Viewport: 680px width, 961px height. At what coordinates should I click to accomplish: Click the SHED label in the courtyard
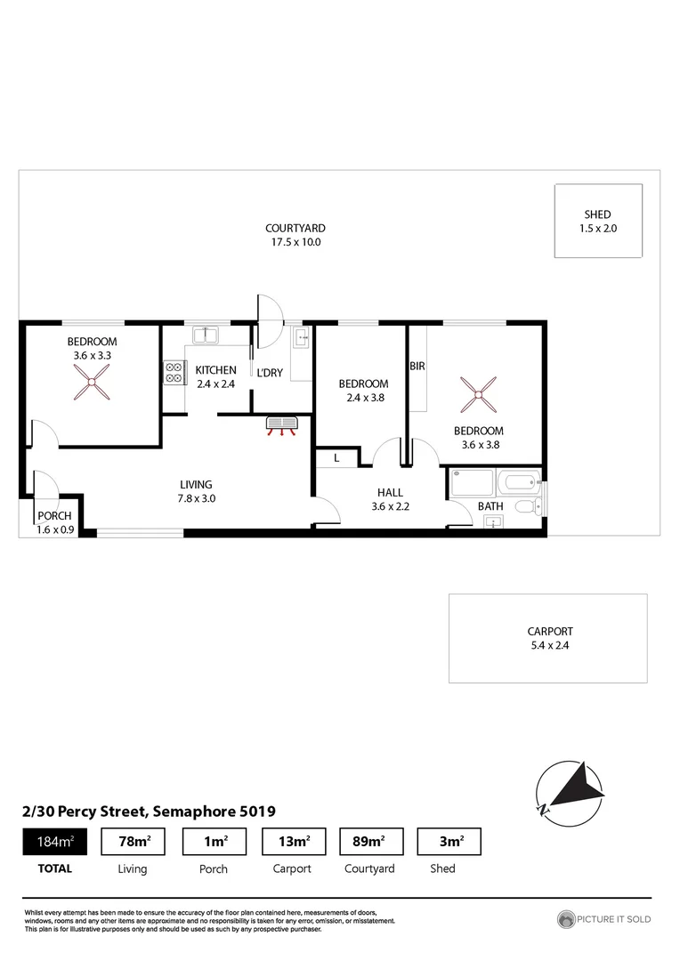[597, 214]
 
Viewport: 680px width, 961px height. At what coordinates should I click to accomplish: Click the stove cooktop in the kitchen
[173, 371]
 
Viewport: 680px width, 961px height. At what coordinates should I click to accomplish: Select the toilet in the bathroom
[527, 506]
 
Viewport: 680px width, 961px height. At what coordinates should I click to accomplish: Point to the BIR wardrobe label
[417, 366]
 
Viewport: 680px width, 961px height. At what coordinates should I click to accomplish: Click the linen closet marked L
[336, 457]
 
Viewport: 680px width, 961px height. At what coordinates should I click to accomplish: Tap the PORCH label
[53, 516]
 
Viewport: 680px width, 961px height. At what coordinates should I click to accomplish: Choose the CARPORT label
[548, 632]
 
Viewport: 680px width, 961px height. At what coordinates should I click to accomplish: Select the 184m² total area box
[54, 841]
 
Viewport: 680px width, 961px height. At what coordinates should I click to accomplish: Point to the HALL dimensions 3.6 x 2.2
[390, 506]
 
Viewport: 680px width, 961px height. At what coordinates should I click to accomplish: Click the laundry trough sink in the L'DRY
[300, 337]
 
